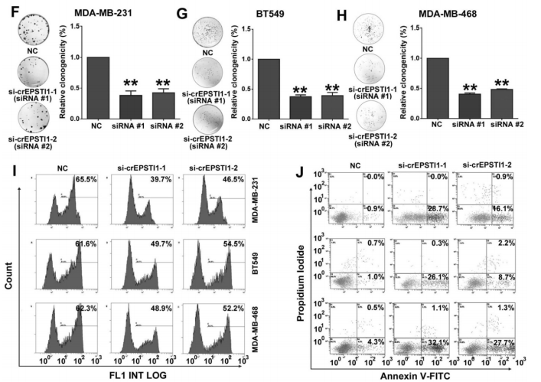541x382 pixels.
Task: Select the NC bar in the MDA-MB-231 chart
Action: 98,88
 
